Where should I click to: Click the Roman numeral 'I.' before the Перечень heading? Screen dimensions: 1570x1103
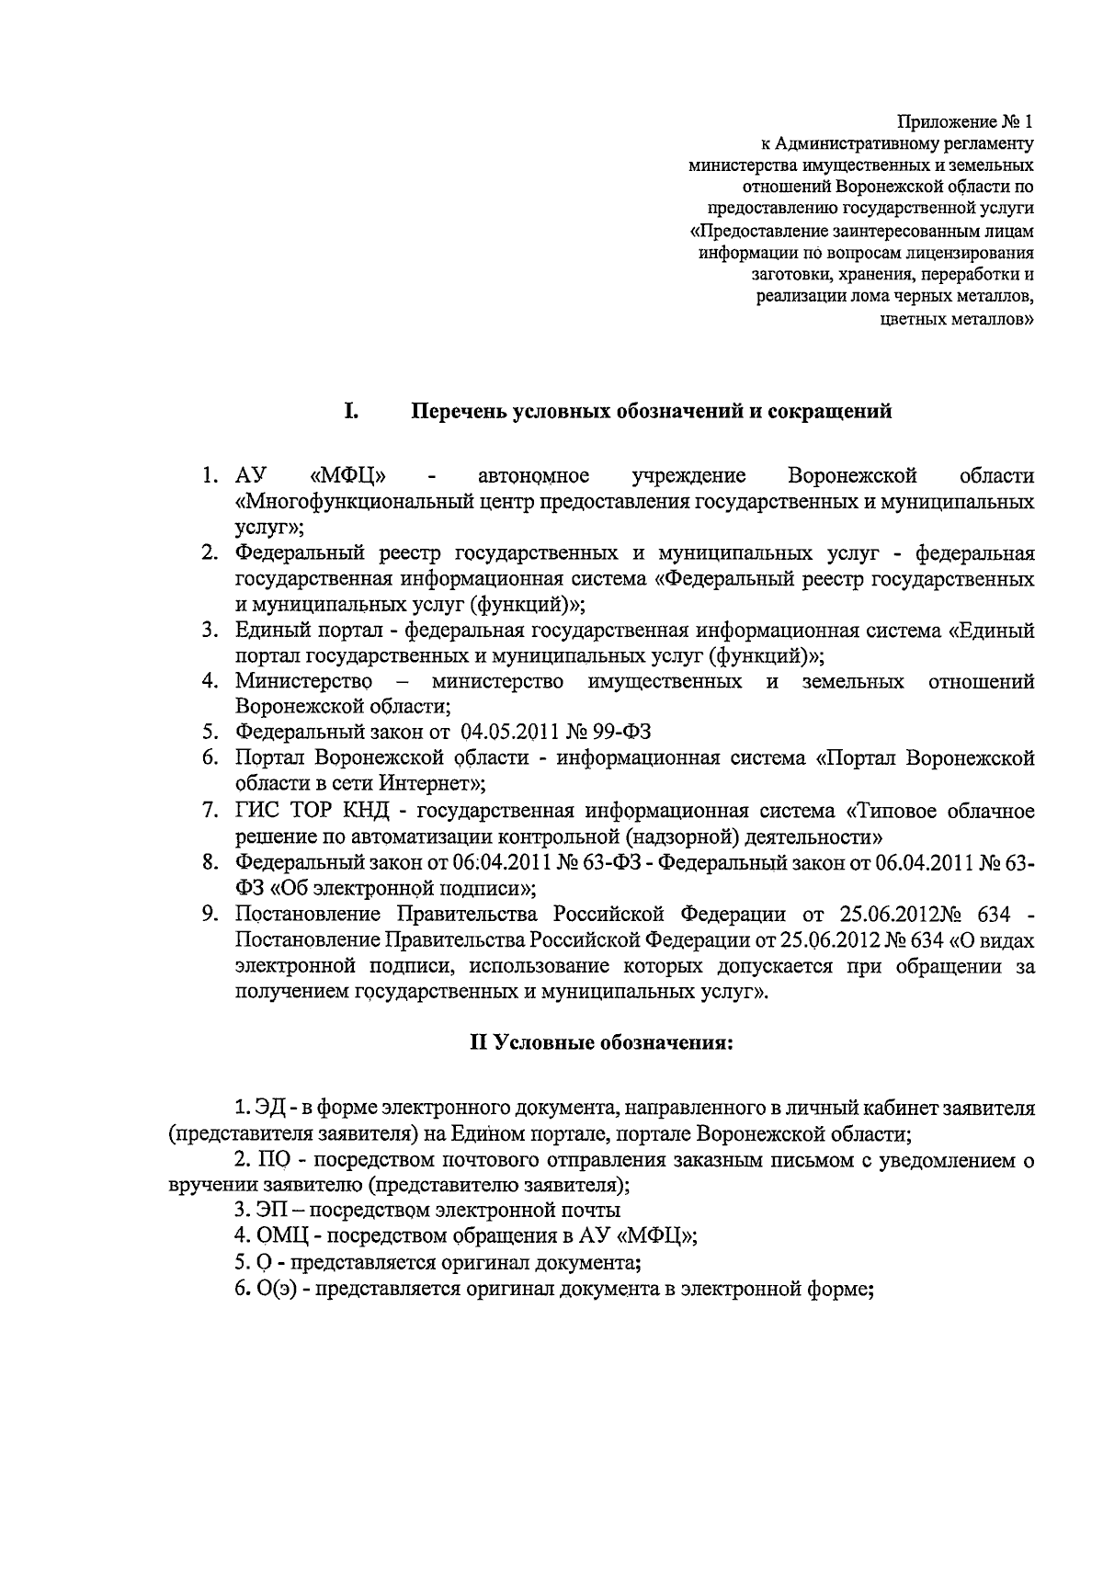pos(351,411)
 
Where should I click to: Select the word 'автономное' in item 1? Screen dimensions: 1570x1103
pos(533,476)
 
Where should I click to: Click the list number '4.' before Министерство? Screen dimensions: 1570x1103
pos(210,681)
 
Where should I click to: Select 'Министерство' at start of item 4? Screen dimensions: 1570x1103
pos(303,681)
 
